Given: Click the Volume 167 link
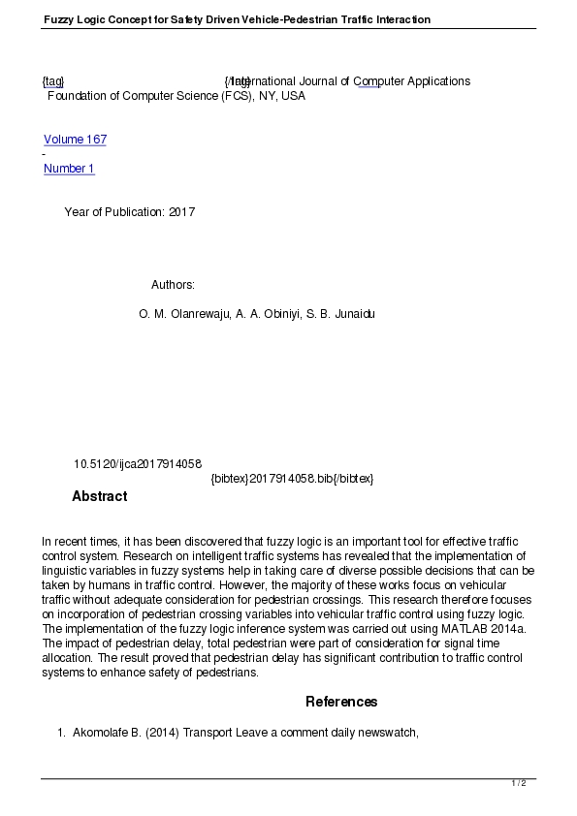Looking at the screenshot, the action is coord(75,140).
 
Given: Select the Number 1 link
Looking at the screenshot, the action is coord(69,169).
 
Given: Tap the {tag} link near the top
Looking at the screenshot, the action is coord(52,81).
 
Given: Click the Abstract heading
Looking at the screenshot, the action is coord(99,496).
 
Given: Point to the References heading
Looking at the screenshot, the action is coord(341,702).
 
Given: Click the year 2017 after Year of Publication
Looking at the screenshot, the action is coord(181,212).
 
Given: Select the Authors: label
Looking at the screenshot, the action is coord(173,285).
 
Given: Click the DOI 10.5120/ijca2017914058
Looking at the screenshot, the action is coord(137,465).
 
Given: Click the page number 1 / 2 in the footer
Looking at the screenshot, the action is coord(519,783).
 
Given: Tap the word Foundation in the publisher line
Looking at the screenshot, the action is coord(76,96).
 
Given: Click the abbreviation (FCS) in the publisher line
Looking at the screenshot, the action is coord(236,96).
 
